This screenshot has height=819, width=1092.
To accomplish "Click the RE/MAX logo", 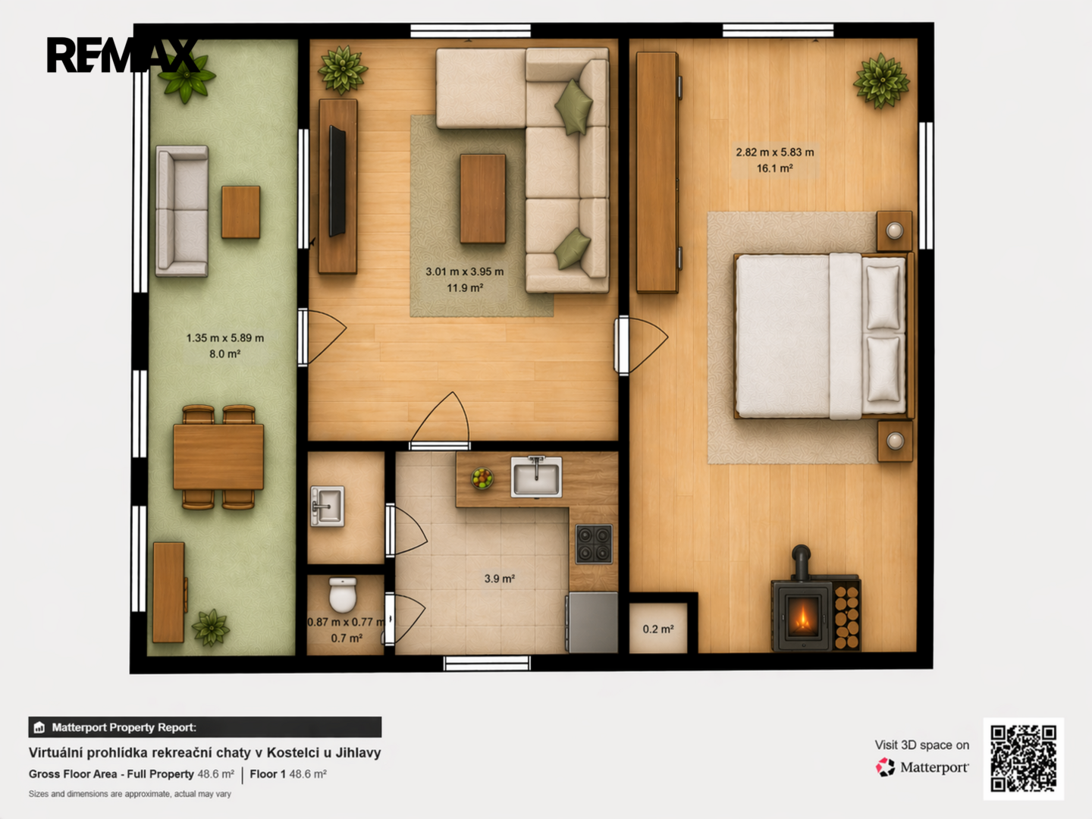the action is click(x=122, y=55).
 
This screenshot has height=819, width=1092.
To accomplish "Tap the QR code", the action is click(x=1023, y=758).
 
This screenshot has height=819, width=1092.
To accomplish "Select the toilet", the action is click(x=343, y=595).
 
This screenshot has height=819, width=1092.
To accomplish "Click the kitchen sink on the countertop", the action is click(x=536, y=477).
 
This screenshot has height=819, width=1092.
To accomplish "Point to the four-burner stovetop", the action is click(x=594, y=544).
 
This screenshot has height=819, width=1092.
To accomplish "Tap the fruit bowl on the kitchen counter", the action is click(x=482, y=479).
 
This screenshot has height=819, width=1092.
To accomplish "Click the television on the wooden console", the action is click(x=337, y=181).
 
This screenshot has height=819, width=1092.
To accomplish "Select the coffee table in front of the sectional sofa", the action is click(x=482, y=199).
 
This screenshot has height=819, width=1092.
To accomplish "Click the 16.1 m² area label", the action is click(x=774, y=168).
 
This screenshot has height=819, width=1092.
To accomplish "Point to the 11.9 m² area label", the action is click(x=465, y=288).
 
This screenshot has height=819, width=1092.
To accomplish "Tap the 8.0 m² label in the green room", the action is click(x=225, y=354).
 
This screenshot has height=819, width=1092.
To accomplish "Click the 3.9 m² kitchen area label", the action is click(x=500, y=579).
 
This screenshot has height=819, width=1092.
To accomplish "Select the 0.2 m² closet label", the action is click(x=658, y=629).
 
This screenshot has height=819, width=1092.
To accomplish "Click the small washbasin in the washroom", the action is click(x=328, y=507).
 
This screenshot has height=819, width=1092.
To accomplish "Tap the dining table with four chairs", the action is click(x=218, y=457).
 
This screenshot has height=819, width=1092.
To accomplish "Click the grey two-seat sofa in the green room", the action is click(x=181, y=211).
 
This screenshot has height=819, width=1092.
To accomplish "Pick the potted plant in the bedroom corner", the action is click(x=881, y=81).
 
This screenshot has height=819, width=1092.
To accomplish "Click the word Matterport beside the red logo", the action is click(x=934, y=767).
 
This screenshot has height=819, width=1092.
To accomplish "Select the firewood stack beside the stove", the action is click(x=847, y=617).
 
